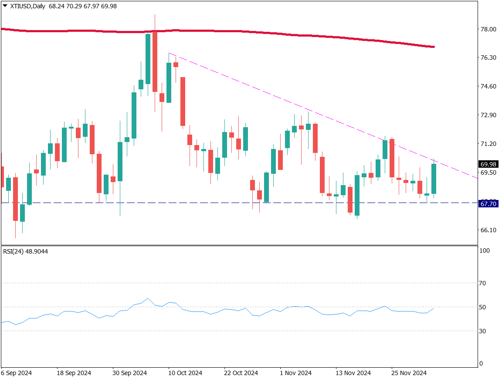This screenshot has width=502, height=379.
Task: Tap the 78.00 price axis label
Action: point(488,29)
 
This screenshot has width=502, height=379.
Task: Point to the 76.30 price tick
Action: point(488,58)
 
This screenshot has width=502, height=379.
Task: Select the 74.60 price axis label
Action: point(488,86)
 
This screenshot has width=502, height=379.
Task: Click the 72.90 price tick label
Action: point(488,115)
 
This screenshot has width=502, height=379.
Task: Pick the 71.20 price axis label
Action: point(488,144)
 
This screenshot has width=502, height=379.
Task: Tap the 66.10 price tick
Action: point(488,230)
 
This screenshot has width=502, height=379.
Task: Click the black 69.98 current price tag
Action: point(488,164)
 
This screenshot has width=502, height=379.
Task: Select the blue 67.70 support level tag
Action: point(488,203)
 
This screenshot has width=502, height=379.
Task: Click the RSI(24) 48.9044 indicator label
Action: point(26,252)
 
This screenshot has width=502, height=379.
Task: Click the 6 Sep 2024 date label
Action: point(17,373)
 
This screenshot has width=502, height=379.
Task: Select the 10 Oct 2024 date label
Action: point(185,373)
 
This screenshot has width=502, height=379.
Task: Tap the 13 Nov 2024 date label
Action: point(353,373)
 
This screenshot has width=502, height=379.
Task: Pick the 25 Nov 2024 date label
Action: point(409,373)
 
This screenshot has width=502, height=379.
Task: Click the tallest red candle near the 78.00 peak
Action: point(155,61)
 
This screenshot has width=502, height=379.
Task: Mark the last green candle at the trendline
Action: point(434,179)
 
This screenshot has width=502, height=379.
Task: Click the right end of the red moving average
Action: point(434,47)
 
